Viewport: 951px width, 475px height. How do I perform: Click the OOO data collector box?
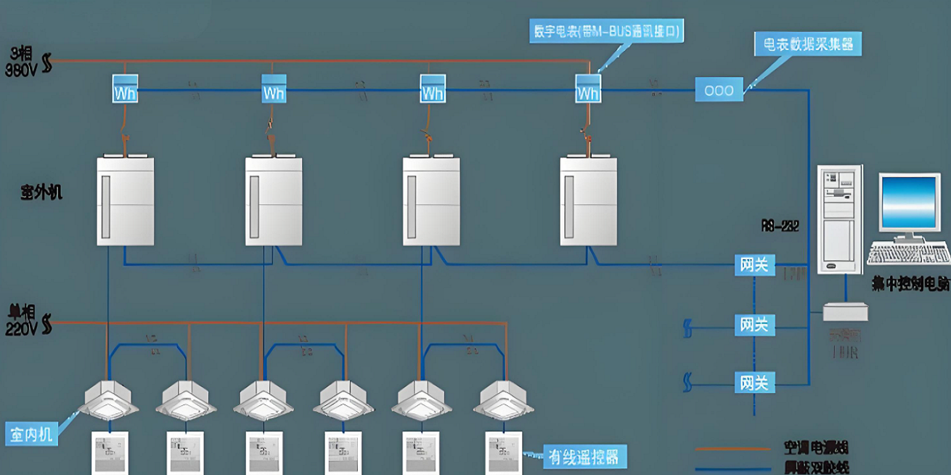pyautogui.click(x=719, y=90)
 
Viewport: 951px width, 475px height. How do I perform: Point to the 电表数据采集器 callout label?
pyautogui.click(x=807, y=44)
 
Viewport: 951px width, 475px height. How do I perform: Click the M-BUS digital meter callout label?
pyautogui.click(x=608, y=31)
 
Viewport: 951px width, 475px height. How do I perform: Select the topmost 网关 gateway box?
pyautogui.click(x=754, y=264)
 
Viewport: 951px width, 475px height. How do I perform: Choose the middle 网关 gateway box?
pyautogui.click(x=754, y=324)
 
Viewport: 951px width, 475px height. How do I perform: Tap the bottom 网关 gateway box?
pyautogui.click(x=754, y=381)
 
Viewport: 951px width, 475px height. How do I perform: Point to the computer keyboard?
pyautogui.click(x=908, y=254)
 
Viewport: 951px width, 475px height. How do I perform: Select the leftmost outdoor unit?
pyautogui.click(x=126, y=201)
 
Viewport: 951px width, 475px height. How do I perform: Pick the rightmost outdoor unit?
pyautogui.click(x=588, y=201)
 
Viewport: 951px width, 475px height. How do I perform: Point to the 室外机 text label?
pyautogui.click(x=41, y=192)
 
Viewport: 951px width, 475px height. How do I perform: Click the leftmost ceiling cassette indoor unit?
pyautogui.click(x=108, y=401)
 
